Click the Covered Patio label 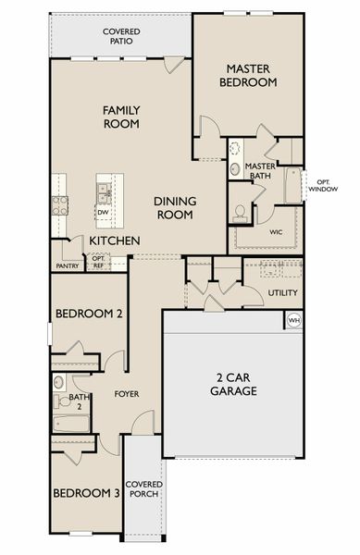click(121, 36)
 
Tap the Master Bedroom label click(248, 75)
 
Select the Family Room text click(121, 117)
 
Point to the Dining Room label click(174, 207)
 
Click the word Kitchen click(114, 241)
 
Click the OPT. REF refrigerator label click(98, 262)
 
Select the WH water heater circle click(294, 321)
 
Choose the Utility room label click(282, 293)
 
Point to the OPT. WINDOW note click(322, 185)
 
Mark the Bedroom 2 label click(89, 314)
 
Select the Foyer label click(126, 394)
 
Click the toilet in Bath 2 click(58, 381)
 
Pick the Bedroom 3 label click(86, 493)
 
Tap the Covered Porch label click(144, 489)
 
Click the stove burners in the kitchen click(59, 204)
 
